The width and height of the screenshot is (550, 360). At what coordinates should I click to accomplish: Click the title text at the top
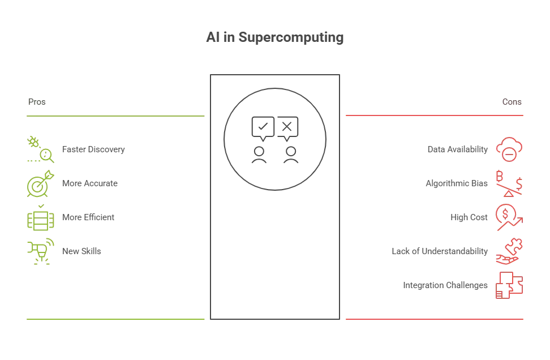274,38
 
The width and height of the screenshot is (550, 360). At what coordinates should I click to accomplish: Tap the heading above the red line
513,103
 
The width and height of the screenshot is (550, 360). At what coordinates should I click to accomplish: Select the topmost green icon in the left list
40,149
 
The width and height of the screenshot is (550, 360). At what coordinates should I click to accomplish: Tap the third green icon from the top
40,218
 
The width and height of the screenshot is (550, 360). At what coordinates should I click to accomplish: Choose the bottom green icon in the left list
40,252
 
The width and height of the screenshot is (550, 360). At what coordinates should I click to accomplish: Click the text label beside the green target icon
88,184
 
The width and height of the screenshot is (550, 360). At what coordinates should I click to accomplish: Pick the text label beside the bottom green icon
81,252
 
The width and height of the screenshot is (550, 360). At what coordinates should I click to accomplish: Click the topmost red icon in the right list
509,149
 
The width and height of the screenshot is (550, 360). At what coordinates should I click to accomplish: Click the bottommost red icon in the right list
509,285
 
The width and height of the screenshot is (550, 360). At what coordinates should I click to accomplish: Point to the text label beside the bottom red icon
445,285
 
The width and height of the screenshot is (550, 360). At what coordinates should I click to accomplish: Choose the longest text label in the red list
439,252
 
